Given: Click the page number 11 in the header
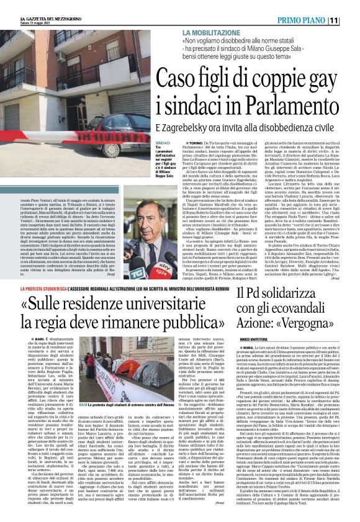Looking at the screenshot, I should tap(351, 20).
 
